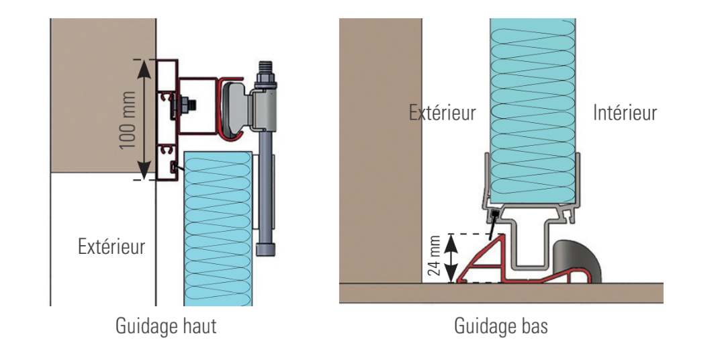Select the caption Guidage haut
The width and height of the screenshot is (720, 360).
167,327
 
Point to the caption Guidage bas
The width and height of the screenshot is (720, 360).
501,327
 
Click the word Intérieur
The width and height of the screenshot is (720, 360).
625,113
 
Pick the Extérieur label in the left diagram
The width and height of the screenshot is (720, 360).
111,246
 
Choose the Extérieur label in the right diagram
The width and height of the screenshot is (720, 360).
442,113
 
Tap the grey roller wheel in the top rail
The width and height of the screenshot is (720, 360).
237,107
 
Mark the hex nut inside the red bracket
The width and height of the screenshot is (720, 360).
182,106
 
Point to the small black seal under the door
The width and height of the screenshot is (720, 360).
494,214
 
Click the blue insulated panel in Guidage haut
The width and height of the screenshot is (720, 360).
218,228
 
